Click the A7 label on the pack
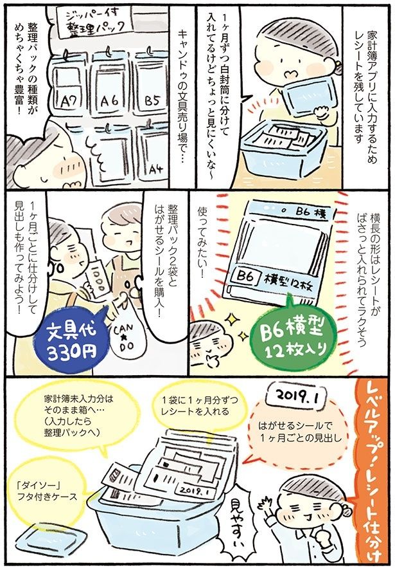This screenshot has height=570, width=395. [x=69, y=101]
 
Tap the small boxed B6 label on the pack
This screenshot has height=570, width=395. [x=246, y=278]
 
